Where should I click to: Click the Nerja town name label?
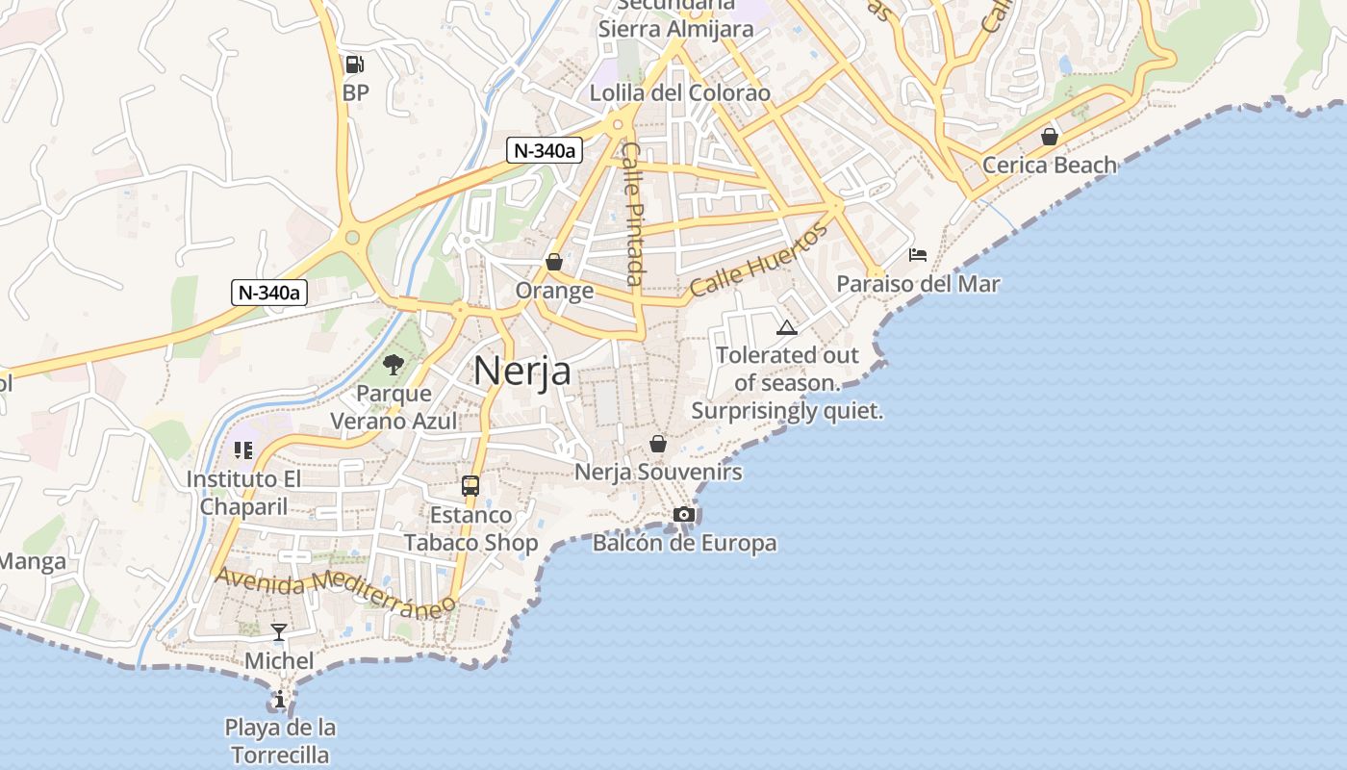click(522, 371)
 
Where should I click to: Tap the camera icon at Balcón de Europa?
click(684, 514)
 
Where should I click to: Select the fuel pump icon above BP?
click(355, 64)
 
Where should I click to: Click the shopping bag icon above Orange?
click(554, 261)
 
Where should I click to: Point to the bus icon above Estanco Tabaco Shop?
click(470, 486)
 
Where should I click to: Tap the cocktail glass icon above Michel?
click(279, 631)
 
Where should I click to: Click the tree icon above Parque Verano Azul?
click(393, 364)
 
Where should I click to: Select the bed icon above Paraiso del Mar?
click(918, 255)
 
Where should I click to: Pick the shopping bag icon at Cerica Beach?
click(1050, 137)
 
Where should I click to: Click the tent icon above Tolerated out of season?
click(787, 327)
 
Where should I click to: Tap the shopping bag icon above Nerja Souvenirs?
click(658, 443)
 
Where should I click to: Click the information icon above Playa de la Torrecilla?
click(280, 698)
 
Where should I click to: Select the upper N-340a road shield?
click(545, 150)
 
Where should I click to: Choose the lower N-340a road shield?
click(269, 293)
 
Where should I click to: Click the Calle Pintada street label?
click(631, 214)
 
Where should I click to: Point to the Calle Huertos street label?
click(758, 260)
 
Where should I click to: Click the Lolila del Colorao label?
click(680, 93)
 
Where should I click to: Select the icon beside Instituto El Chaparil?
click(242, 449)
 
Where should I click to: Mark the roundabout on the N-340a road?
click(352, 237)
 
